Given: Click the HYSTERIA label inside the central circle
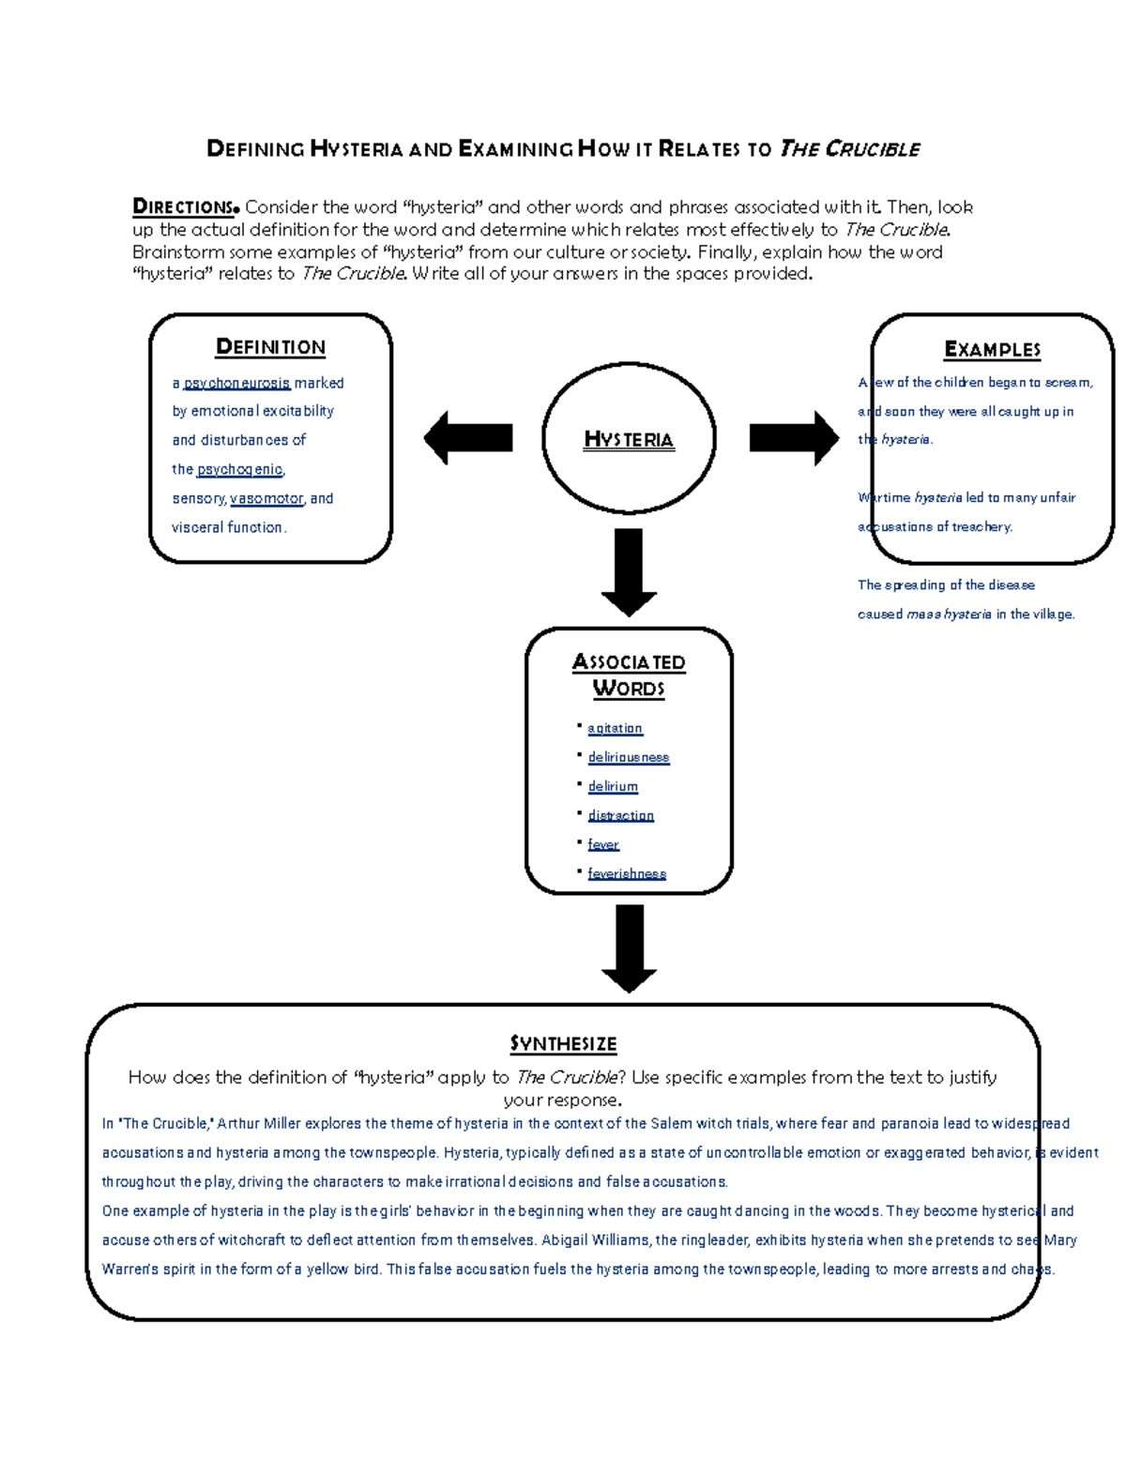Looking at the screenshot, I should click(x=629, y=439).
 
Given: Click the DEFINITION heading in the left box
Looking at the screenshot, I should click(x=270, y=347).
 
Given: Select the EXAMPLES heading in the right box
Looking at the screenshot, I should click(x=992, y=350).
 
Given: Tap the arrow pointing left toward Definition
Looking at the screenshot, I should click(x=467, y=438).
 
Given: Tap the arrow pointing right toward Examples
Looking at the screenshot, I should click(x=794, y=438).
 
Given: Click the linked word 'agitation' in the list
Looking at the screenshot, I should click(x=615, y=728).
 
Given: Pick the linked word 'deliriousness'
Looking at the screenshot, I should click(x=629, y=757).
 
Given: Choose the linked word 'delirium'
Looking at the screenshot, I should click(x=613, y=786).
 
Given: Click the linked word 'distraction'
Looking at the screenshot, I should click(x=620, y=815).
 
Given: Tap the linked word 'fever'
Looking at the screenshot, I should click(x=603, y=844).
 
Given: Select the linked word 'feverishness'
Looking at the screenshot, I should click(x=627, y=873).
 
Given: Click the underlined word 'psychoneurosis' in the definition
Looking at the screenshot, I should click(x=236, y=383).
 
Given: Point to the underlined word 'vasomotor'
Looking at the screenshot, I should click(x=266, y=498).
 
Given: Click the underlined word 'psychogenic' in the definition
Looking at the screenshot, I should click(x=239, y=469).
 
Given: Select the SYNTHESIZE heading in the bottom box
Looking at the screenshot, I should click(x=563, y=1044).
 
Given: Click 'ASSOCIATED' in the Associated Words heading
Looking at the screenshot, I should click(x=629, y=662).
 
